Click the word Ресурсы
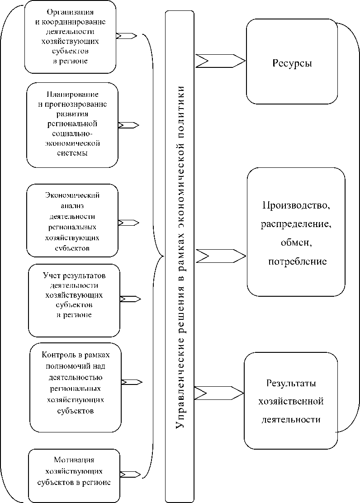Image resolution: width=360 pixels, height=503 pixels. click(292, 63)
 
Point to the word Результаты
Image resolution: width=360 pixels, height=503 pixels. click(291, 383)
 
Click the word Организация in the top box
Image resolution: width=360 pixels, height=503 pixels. click(70, 12)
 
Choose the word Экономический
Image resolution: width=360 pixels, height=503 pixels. click(72, 195)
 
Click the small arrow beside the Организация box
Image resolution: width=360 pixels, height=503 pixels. click(127, 35)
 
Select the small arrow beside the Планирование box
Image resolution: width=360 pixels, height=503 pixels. click(128, 125)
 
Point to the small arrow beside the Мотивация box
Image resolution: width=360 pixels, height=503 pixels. click(130, 474)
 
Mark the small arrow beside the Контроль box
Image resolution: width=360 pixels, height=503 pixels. click(132, 382)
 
